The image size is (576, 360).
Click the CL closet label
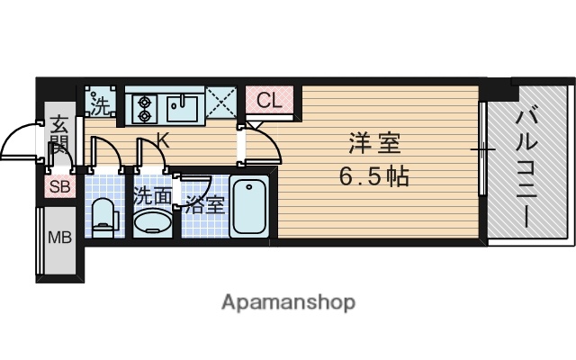(269, 101)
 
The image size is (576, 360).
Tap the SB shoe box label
(59, 187)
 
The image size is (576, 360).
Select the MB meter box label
(59, 239)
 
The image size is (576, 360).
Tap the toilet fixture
(104, 216)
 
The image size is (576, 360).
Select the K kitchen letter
(163, 139)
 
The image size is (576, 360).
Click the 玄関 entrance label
(59, 135)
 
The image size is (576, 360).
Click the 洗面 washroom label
(152, 195)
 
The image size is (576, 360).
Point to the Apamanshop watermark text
(288, 301)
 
